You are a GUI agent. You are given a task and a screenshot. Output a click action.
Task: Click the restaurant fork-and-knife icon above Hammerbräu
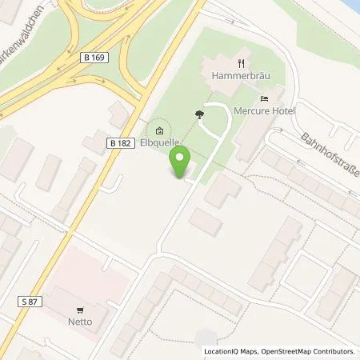(x=240, y=63)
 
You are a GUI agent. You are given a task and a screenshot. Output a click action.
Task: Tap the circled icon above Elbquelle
(x=159, y=131)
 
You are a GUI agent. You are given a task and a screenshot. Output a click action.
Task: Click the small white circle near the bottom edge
(x=206, y=338)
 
